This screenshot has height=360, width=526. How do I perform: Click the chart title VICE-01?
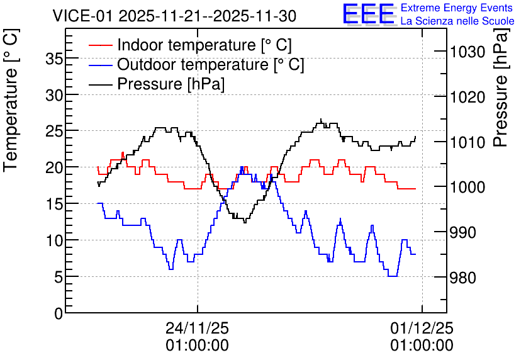click(82, 16)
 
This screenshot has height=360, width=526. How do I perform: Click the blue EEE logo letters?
click(369, 14)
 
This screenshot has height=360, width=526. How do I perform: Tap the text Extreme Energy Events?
click(457, 8)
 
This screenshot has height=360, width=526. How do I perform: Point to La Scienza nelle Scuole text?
click(457, 21)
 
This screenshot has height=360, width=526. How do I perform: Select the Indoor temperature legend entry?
click(190, 45)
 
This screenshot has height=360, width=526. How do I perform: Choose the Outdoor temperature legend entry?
click(196, 64)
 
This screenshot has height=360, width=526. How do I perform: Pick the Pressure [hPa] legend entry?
click(157, 84)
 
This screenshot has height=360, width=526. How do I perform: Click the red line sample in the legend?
click(100, 45)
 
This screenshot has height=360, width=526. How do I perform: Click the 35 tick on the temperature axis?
click(54, 60)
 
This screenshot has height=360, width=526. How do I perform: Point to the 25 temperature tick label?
click(54, 131)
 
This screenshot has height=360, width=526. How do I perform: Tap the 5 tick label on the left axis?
click(59, 277)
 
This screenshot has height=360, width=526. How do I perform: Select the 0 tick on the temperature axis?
click(59, 313)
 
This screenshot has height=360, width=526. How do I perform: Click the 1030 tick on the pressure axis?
click(467, 52)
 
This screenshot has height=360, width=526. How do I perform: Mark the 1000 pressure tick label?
click(467, 187)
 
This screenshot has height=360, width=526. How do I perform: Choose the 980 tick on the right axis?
click(463, 278)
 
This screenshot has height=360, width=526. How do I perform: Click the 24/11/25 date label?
click(198, 328)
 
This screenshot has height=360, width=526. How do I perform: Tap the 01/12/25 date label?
click(422, 328)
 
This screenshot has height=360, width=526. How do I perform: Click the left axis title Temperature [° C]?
click(11, 100)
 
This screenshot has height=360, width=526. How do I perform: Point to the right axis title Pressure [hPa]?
click(501, 87)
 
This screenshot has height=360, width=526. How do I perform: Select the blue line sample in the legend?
click(100, 65)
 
